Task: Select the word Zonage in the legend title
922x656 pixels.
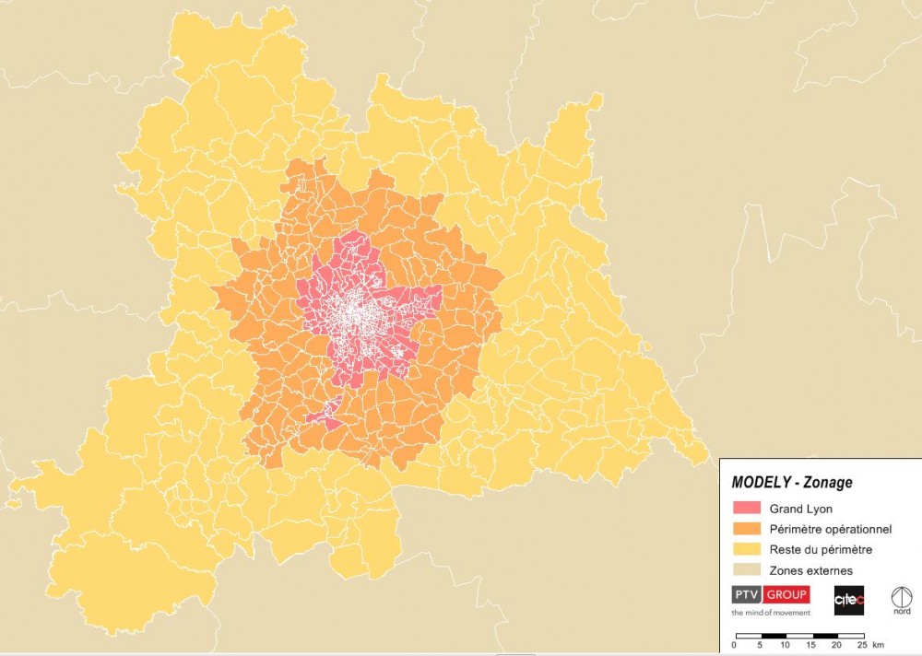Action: click(827, 482)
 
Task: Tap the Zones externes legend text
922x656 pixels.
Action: click(804, 571)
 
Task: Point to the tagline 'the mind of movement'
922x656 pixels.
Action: click(771, 612)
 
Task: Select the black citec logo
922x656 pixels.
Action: click(848, 600)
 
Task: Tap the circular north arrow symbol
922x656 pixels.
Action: click(902, 595)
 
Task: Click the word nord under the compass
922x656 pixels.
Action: click(902, 612)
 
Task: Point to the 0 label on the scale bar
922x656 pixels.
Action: click(734, 645)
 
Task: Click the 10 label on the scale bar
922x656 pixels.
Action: click(785, 645)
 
